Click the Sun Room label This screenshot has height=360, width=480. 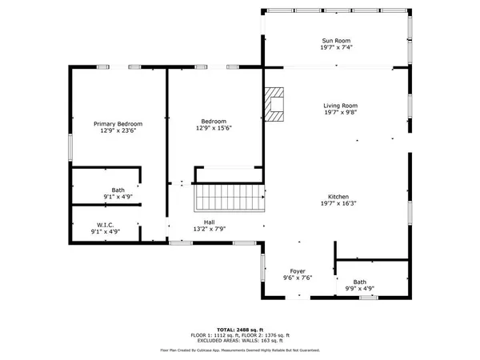pyautogui.click(x=336, y=41)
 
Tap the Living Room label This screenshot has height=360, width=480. pyautogui.click(x=340, y=106)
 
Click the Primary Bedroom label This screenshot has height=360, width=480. pyautogui.click(x=118, y=123)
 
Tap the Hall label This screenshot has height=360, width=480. pyautogui.click(x=209, y=222)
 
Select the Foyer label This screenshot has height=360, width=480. pyautogui.click(x=298, y=271)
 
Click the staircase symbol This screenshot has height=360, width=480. pyautogui.click(x=230, y=196)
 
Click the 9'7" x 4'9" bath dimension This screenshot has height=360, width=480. pyautogui.click(x=359, y=288)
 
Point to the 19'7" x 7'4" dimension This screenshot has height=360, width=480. pyautogui.click(x=336, y=48)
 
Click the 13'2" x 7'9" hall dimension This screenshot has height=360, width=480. pyautogui.click(x=209, y=230)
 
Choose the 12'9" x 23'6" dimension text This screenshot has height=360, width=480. pyautogui.click(x=118, y=130)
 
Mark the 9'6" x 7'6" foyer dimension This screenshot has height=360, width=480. pyautogui.click(x=298, y=278)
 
